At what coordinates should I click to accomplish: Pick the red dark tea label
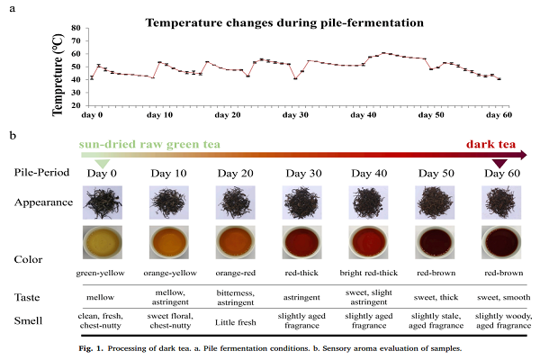(x=490, y=143)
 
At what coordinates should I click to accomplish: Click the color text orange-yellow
(x=169, y=270)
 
